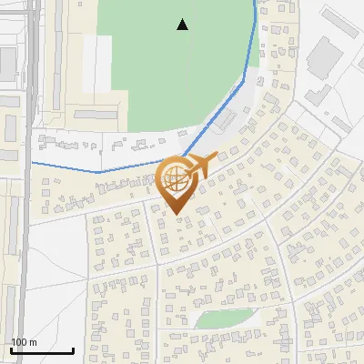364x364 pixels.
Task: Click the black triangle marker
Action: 183,25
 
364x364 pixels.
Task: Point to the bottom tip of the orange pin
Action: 176,215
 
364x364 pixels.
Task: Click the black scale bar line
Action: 42,350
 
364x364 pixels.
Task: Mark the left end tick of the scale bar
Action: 11,349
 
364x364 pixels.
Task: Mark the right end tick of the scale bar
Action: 73,349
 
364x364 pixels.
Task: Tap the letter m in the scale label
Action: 32,342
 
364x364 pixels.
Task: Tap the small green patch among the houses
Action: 224,318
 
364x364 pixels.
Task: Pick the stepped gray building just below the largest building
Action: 318,92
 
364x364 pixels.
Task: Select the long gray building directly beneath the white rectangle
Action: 96,114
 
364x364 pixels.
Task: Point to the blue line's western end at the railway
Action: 33,162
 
